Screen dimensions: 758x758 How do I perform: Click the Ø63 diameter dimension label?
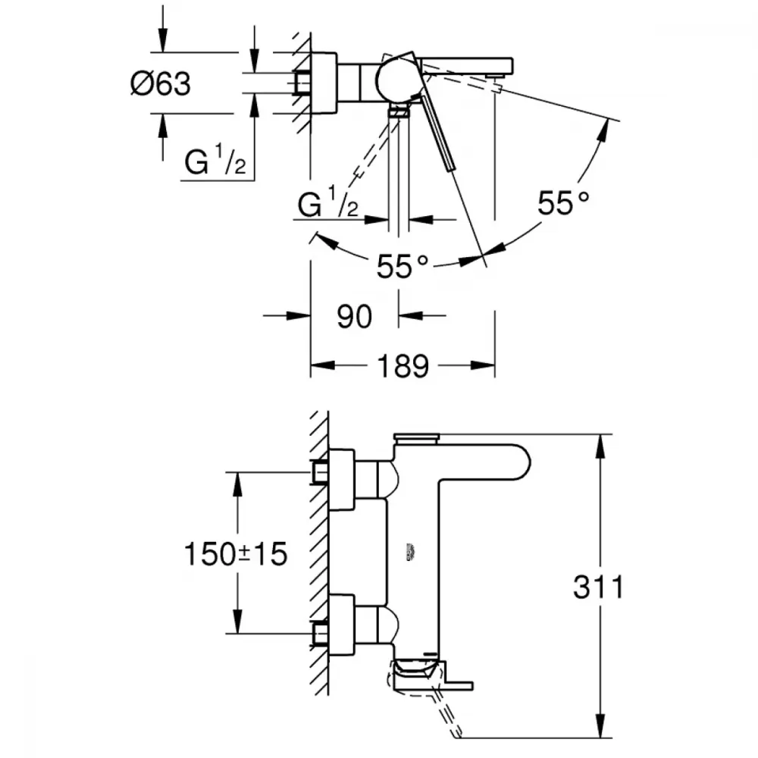160,83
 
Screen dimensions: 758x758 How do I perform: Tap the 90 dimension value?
354,316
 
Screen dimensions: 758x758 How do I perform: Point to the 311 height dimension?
598,587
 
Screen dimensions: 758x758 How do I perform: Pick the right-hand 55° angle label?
562,203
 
